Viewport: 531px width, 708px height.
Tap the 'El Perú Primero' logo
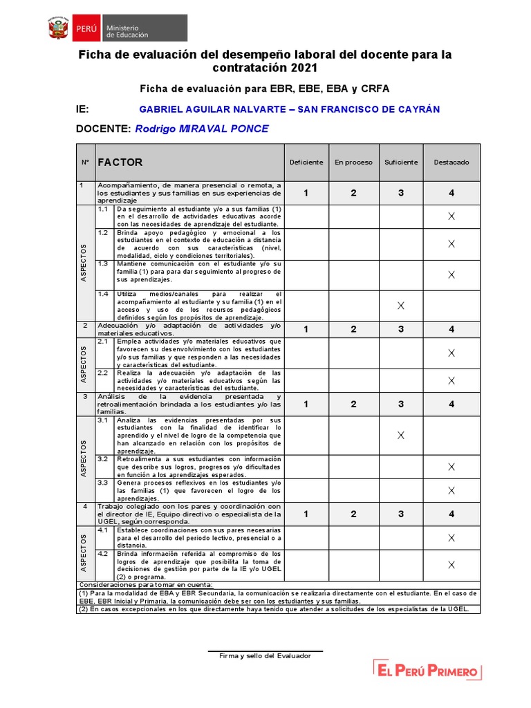click(x=427, y=670)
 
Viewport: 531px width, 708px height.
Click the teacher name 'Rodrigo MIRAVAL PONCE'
click(x=202, y=129)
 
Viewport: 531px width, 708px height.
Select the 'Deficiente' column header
click(x=306, y=162)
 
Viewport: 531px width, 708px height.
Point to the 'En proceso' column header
click(x=353, y=162)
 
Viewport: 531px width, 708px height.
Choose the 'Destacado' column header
click(x=451, y=162)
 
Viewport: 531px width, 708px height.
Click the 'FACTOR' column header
click(x=120, y=162)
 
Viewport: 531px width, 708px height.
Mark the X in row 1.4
click(x=401, y=306)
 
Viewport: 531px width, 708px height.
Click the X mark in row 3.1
click(x=401, y=435)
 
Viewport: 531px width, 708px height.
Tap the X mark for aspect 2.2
click(x=451, y=380)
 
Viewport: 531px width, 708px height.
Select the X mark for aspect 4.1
click(x=451, y=537)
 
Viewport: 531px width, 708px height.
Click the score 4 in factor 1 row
click(x=451, y=193)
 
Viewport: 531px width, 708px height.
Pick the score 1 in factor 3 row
click(x=306, y=404)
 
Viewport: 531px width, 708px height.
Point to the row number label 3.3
click(x=103, y=483)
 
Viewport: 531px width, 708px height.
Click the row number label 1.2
click(x=103, y=232)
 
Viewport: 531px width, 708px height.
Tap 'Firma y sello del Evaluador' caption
click(x=265, y=655)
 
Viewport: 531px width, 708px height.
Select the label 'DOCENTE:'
click(x=103, y=129)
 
